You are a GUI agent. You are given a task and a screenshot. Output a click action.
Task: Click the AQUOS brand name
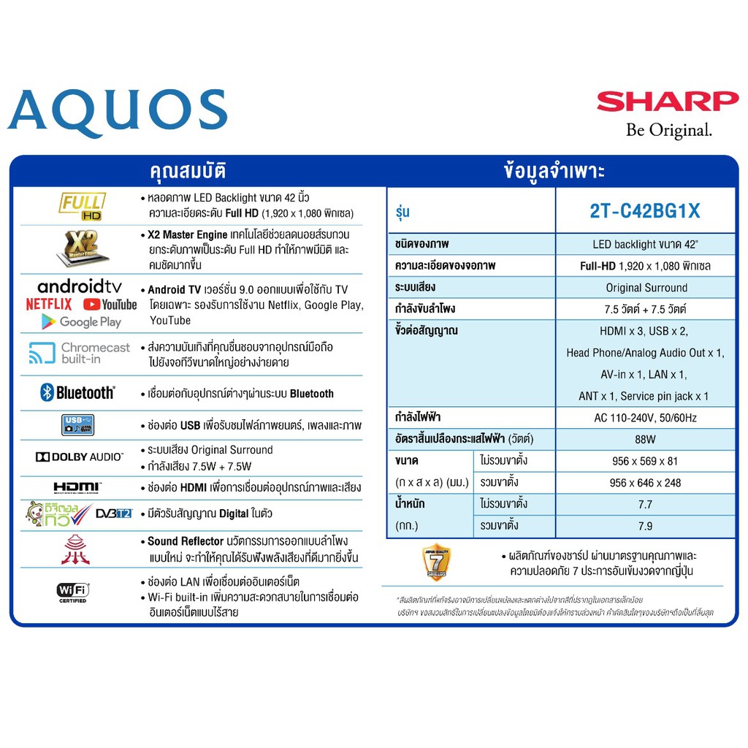pos(118,113)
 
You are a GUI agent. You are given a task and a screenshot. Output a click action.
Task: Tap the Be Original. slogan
pos(668,130)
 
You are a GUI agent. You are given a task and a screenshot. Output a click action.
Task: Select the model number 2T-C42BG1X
pos(645,211)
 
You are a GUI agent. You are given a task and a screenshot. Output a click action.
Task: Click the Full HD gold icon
pos(82,205)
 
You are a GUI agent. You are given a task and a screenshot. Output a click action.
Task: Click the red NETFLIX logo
pos(49,304)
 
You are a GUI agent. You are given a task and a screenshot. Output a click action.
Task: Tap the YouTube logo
pos(110,304)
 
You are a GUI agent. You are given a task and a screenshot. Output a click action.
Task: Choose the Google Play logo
pos(81,321)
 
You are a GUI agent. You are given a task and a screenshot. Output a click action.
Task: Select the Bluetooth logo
pos(77,393)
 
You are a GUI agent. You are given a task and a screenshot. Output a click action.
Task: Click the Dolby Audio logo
pos(79,457)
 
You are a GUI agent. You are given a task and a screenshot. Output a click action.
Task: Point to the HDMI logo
pos(77,486)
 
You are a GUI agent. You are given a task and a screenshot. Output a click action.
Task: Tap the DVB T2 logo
pos(114,514)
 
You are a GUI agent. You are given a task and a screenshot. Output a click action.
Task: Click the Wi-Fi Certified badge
pos(72,591)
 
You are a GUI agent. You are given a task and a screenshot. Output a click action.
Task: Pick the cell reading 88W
pos(645,439)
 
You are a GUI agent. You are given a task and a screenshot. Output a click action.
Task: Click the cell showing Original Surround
pos(646,288)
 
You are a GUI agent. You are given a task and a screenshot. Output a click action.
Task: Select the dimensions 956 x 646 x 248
pos(645,483)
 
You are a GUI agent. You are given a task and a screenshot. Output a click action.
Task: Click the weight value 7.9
pos(645,526)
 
